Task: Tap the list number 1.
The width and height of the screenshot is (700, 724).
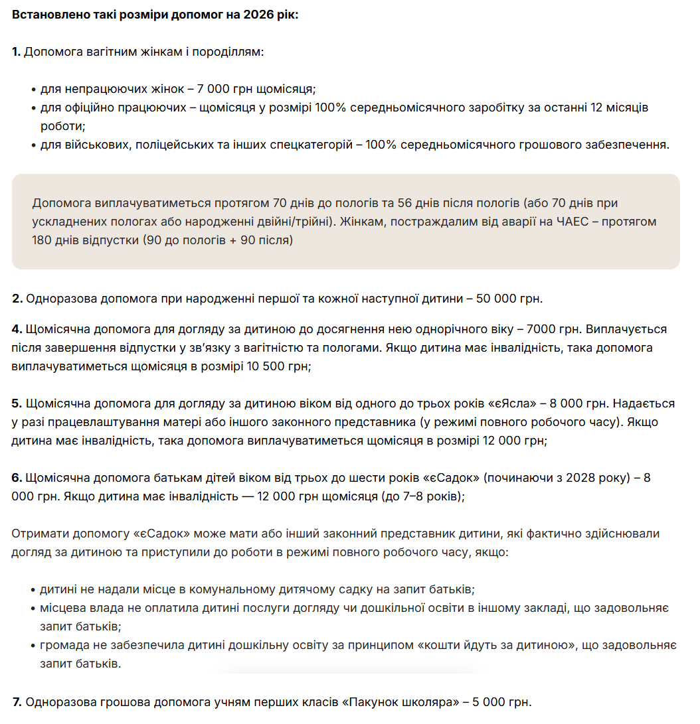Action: [16, 51]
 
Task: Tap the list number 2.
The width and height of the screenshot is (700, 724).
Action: [17, 299]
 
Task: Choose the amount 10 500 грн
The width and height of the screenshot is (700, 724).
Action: [275, 366]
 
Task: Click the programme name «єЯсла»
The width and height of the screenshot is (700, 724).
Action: [513, 403]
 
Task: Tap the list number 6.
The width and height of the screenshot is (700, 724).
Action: [17, 478]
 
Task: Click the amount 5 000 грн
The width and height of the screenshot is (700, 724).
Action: [501, 702]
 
